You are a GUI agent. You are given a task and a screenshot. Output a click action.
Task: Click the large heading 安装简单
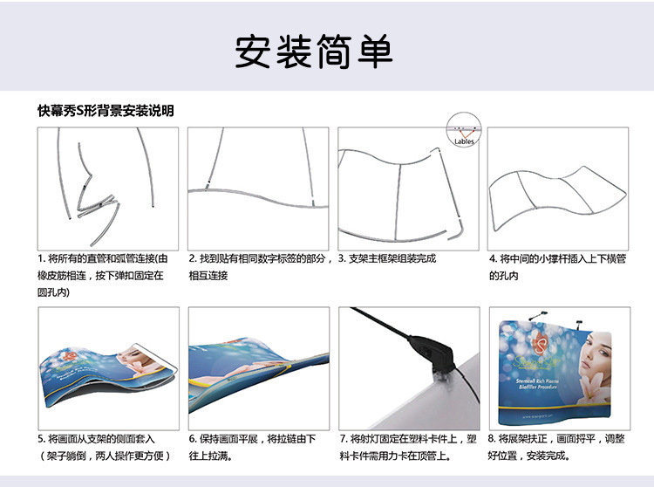point(314,51)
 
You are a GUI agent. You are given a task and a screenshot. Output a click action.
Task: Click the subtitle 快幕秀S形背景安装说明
point(106,111)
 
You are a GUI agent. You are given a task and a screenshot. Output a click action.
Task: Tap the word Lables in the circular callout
point(464,141)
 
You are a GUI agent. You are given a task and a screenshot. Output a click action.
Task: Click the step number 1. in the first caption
point(42,258)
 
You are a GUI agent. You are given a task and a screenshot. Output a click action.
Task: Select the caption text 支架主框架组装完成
point(392,258)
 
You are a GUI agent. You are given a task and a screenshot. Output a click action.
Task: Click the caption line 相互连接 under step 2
point(208,276)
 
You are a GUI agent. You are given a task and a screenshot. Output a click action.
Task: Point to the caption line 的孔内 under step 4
point(503,276)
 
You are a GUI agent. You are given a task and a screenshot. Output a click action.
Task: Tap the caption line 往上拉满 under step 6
point(211,456)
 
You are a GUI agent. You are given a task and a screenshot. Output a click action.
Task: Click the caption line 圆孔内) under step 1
point(53,292)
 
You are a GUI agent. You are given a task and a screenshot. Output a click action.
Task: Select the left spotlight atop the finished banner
point(538,315)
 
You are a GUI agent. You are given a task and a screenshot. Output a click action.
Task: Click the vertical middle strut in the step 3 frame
point(398,202)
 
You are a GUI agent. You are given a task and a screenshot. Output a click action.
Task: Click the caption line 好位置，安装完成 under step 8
point(529,456)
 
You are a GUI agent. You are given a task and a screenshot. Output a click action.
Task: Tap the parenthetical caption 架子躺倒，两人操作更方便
point(106,456)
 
